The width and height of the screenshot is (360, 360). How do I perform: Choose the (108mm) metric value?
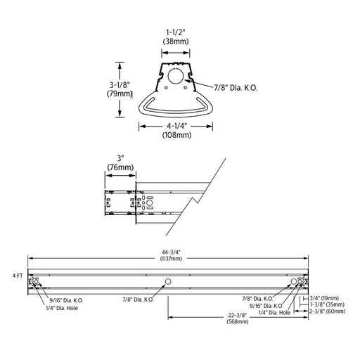tap(174, 136)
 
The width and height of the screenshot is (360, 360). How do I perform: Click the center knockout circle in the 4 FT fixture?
tap(167, 282)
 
